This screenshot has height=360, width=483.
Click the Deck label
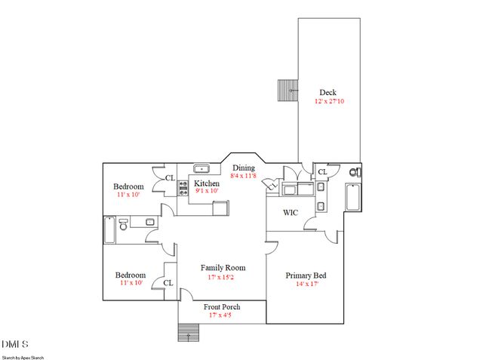click(328, 93)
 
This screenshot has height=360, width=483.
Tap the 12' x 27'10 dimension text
click(329, 101)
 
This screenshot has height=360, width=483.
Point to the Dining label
click(243, 168)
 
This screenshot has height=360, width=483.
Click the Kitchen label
click(207, 183)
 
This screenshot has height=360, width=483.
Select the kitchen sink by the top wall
click(202, 169)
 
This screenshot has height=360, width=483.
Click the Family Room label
click(223, 268)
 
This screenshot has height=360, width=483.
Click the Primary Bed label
click(303, 275)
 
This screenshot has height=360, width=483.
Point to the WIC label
click(291, 213)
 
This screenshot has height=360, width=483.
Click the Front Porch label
click(222, 307)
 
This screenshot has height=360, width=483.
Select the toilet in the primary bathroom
click(355, 173)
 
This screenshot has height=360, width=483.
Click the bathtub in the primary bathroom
click(352, 197)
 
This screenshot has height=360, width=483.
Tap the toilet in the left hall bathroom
click(123, 223)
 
